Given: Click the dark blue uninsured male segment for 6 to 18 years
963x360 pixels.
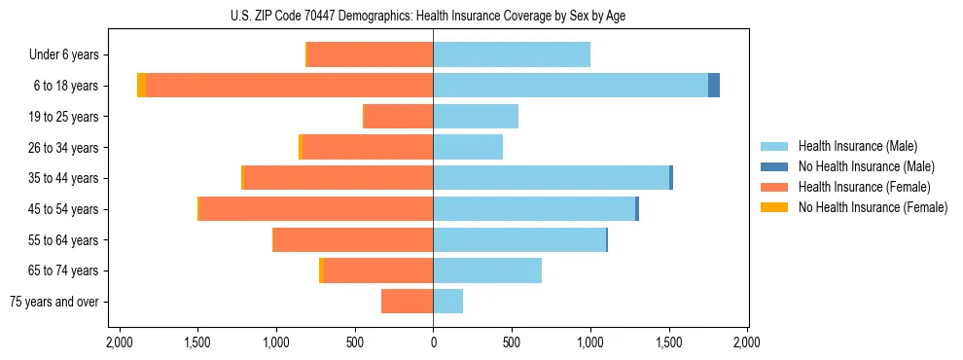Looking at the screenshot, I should pyautogui.click(x=714, y=86).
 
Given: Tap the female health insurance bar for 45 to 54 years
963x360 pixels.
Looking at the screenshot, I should pyautogui.click(x=316, y=209).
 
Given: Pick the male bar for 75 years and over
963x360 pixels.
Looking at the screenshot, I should pyautogui.click(x=447, y=302).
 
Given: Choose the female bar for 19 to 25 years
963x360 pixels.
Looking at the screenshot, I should pyautogui.click(x=398, y=117).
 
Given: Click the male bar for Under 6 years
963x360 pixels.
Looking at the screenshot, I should pyautogui.click(x=512, y=55).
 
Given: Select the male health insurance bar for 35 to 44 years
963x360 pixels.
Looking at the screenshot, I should pyautogui.click(x=551, y=178).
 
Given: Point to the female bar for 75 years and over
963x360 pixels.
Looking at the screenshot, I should pyautogui.click(x=407, y=302).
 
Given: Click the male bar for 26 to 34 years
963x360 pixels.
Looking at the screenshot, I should pyautogui.click(x=468, y=148).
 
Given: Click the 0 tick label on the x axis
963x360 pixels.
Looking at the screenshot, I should pyautogui.click(x=433, y=342).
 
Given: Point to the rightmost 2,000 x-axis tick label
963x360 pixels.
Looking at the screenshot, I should pyautogui.click(x=746, y=342).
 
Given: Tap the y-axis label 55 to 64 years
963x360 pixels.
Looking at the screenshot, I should pyautogui.click(x=65, y=240).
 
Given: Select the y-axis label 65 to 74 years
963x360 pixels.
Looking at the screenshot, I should pyautogui.click(x=65, y=271).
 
